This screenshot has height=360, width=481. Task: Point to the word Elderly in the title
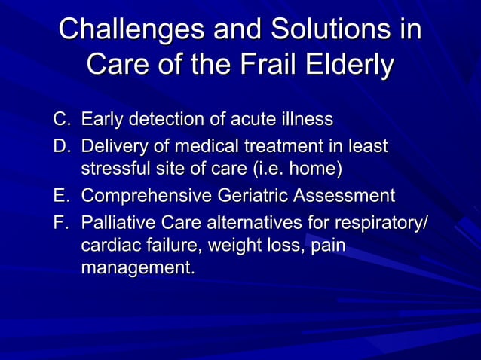coord(348,65)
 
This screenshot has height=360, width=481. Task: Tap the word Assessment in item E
coord(347,197)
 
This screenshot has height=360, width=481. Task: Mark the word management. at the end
coord(136,267)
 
